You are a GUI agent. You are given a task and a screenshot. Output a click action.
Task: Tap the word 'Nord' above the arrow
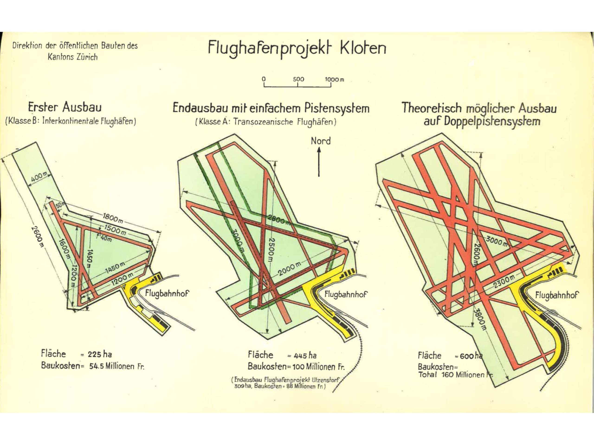tap(321, 141)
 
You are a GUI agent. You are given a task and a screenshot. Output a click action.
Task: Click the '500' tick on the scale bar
tap(298, 79)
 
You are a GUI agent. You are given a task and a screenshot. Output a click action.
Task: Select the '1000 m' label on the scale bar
tap(334, 79)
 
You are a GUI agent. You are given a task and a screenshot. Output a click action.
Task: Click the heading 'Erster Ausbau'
tap(65, 108)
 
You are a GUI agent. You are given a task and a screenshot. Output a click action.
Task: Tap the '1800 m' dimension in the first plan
tap(113, 219)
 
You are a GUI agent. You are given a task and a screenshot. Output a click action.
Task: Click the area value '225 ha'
tap(100, 354)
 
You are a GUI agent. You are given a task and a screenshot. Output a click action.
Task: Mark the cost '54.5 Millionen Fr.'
tap(117, 366)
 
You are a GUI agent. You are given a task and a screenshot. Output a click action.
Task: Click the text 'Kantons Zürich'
tap(72, 57)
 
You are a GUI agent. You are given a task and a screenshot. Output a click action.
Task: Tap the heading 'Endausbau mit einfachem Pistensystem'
tap(271, 109)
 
